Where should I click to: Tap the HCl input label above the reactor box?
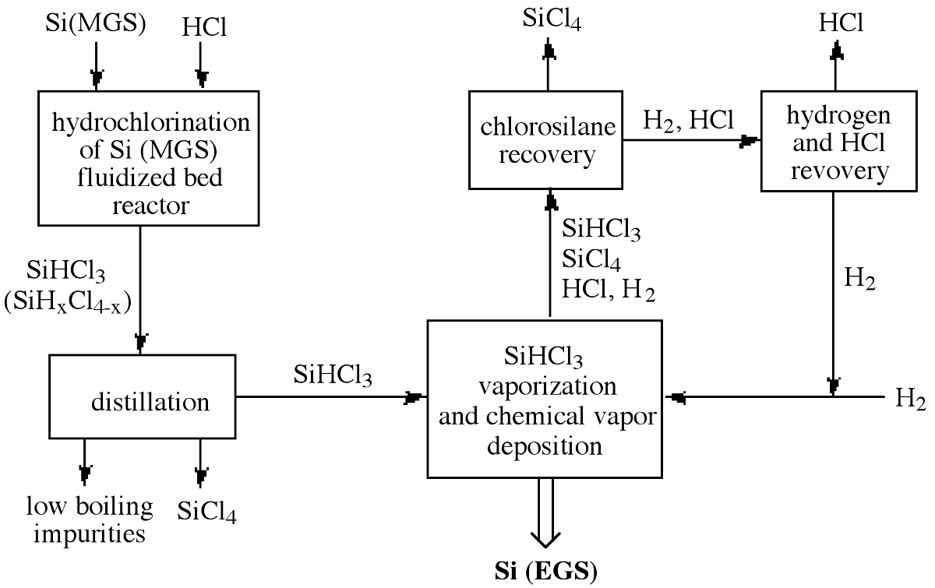[x=205, y=26]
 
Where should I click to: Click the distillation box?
[x=143, y=396]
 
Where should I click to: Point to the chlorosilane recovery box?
[x=548, y=140]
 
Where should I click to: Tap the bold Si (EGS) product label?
[x=545, y=572]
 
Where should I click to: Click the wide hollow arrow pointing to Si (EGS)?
[x=545, y=514]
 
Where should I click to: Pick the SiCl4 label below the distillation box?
[x=207, y=512]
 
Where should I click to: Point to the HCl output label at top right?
[x=841, y=23]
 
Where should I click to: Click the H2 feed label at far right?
[x=911, y=400]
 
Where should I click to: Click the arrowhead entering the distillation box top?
[x=141, y=342]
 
